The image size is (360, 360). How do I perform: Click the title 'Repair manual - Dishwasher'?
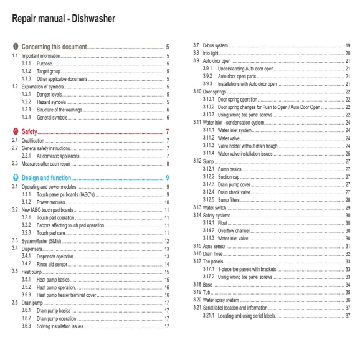pyautogui.click(x=64, y=19)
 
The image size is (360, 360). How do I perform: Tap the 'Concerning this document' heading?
pyautogui.click(x=54, y=47)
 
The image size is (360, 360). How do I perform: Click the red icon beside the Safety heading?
pyautogui.click(x=15, y=132)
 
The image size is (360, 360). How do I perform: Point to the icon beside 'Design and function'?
pyautogui.click(x=15, y=178)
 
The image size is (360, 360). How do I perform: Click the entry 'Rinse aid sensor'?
pyautogui.click(x=56, y=263)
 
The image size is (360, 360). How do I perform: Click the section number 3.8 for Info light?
pyautogui.click(x=197, y=53)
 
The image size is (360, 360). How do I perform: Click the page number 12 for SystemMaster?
pyautogui.click(x=167, y=240)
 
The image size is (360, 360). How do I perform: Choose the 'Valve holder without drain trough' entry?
pyautogui.click(x=257, y=146)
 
